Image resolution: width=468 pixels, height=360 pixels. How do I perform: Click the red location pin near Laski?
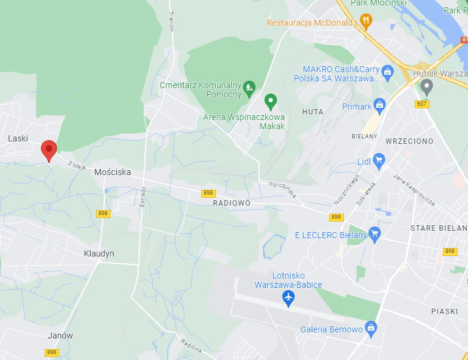pyautogui.click(x=49, y=149)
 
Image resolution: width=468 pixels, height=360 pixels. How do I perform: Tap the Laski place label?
pyautogui.click(x=18, y=138)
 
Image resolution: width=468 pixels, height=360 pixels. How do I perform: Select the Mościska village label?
pyautogui.click(x=113, y=172)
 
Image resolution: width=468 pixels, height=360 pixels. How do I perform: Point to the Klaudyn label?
pyautogui.click(x=98, y=253)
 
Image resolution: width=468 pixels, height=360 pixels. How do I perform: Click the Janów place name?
pyautogui.click(x=60, y=336)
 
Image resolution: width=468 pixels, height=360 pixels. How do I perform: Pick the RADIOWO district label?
pyautogui.click(x=232, y=203)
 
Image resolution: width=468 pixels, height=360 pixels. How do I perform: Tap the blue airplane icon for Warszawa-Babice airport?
pyautogui.click(x=288, y=298)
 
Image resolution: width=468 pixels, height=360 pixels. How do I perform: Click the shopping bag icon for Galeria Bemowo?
pyautogui.click(x=370, y=329)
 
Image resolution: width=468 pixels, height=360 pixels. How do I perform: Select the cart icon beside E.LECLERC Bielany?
pyautogui.click(x=375, y=234)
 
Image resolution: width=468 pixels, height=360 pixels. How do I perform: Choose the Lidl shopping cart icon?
pyautogui.click(x=379, y=162)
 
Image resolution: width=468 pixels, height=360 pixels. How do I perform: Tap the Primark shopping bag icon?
pyautogui.click(x=380, y=106)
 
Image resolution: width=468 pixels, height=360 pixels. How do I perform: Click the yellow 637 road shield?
pyautogui.click(x=422, y=104)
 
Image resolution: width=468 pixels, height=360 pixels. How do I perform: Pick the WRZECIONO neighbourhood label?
pyautogui.click(x=409, y=141)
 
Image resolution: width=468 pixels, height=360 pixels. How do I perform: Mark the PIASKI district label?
pyautogui.click(x=444, y=311)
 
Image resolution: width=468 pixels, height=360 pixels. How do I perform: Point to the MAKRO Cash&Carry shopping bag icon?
pyautogui.click(x=388, y=73)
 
